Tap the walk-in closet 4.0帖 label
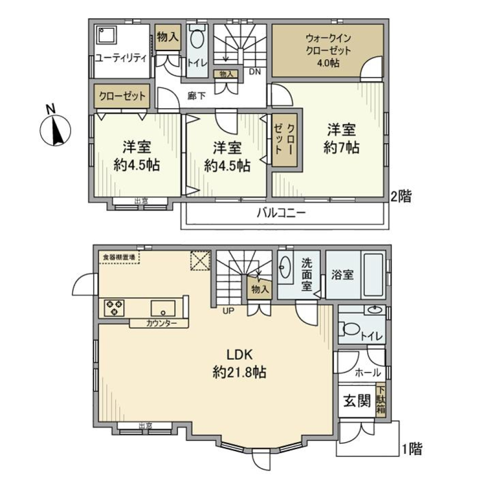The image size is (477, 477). click(x=328, y=50)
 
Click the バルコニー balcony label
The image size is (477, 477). click(x=281, y=214)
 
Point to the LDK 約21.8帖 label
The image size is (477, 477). click(x=240, y=363)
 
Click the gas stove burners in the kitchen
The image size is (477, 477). click(x=114, y=308)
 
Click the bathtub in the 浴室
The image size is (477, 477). click(x=373, y=276)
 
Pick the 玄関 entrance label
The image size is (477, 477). click(x=357, y=400)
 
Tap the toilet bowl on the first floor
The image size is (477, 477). click(x=350, y=329)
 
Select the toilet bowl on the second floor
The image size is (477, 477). click(x=197, y=40)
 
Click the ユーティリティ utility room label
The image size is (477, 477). click(x=121, y=58)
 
